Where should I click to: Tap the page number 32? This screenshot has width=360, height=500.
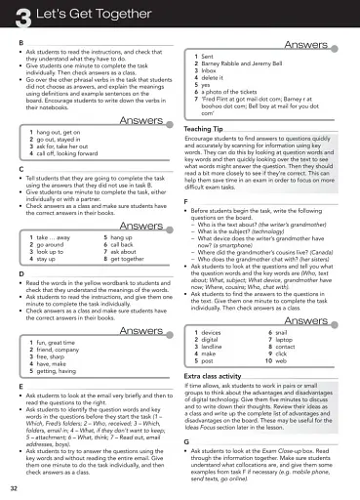13,486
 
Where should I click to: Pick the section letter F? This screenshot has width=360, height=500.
186,201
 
